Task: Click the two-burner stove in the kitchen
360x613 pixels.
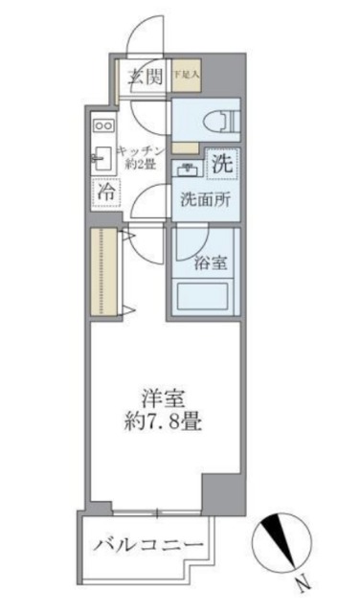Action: [103, 125]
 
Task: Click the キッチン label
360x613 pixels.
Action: [142, 150]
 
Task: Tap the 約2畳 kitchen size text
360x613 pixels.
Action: [142, 165]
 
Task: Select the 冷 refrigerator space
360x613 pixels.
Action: [104, 192]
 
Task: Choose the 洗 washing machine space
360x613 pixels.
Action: [221, 163]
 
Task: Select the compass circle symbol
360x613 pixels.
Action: [284, 541]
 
